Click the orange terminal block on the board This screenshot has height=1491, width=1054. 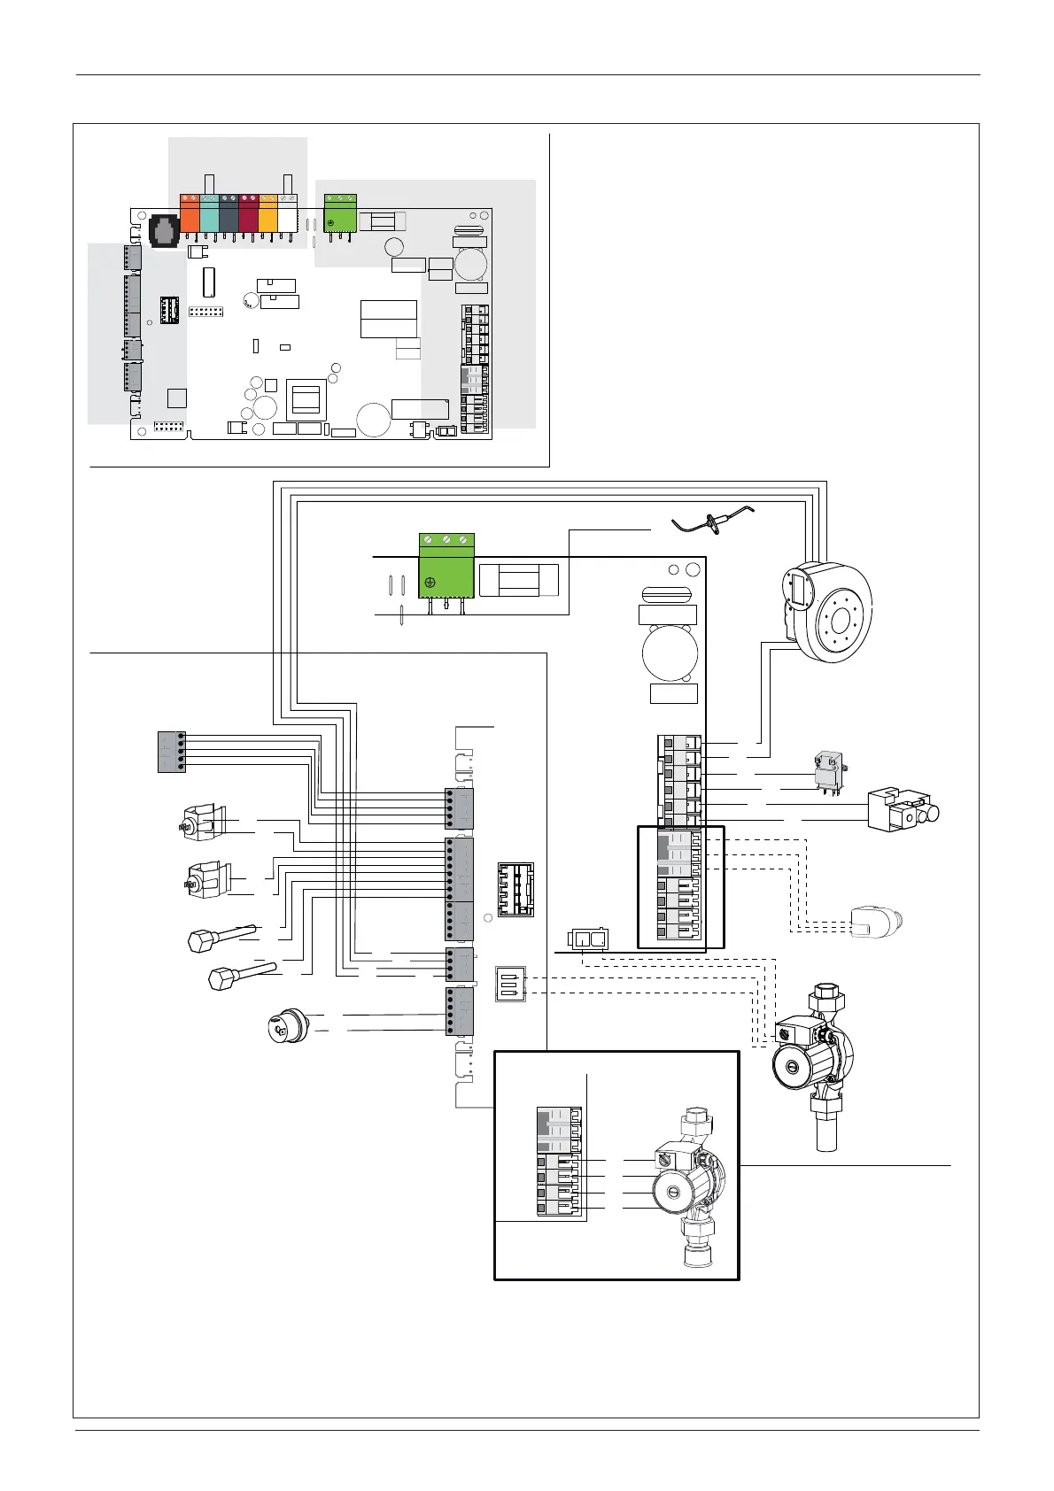[190, 213]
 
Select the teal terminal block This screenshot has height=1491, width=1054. [209, 213]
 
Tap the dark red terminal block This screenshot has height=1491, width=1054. [248, 213]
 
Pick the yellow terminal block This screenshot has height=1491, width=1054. [267, 213]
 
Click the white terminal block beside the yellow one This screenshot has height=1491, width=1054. [287, 213]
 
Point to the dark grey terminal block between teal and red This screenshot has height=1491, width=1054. [229, 213]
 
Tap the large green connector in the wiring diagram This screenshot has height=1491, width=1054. [446, 567]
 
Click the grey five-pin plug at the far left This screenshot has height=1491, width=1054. [171, 752]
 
